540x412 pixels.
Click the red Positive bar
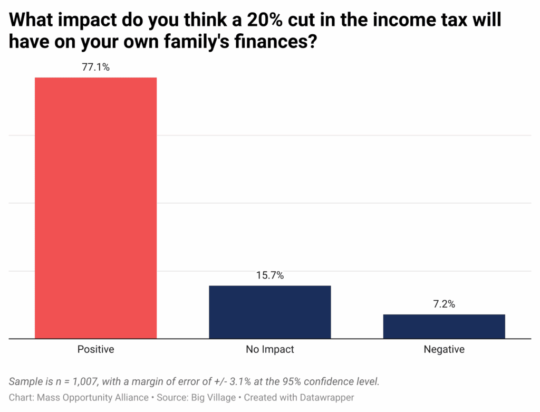click(95, 208)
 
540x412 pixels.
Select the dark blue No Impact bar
click(269, 312)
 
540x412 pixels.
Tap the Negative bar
click(443, 326)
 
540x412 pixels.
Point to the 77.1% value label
click(95, 67)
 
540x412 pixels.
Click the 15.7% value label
click(269, 275)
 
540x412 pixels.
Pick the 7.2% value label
click(443, 304)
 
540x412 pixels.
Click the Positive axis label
click(95, 349)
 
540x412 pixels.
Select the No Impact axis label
click(269, 349)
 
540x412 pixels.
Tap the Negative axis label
click(443, 349)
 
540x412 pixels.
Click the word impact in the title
click(81, 21)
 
